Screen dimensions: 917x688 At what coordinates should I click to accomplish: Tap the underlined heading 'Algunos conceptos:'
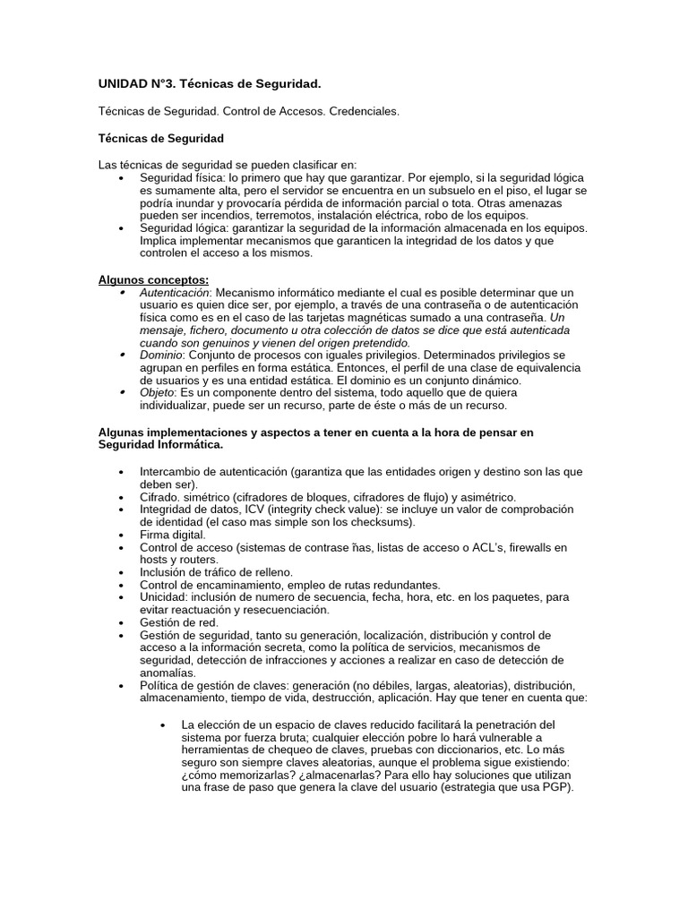(153, 279)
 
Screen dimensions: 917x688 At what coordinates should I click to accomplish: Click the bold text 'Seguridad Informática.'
(160, 444)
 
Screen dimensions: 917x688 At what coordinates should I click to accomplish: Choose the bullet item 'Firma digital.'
(173, 535)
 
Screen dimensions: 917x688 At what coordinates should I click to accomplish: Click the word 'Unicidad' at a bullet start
(161, 597)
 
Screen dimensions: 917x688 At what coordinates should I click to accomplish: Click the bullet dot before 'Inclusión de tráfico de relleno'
(121, 572)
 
